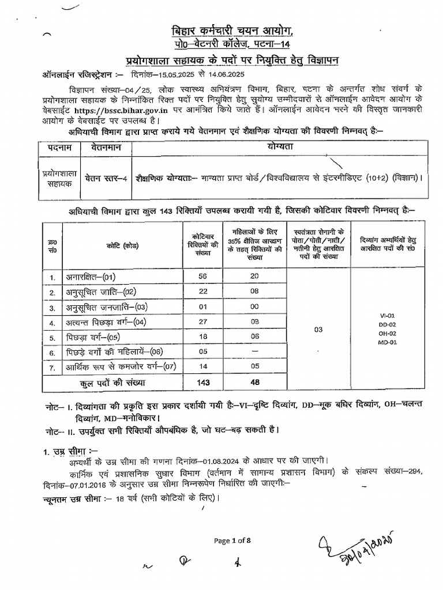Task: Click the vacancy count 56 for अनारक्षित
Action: coord(202,277)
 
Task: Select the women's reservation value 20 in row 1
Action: coord(254,277)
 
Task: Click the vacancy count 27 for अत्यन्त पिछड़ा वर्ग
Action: coord(202,322)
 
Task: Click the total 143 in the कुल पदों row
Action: coord(202,382)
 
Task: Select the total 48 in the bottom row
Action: coord(254,382)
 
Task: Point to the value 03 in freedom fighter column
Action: coord(318,330)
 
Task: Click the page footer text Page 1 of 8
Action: coord(232,540)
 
